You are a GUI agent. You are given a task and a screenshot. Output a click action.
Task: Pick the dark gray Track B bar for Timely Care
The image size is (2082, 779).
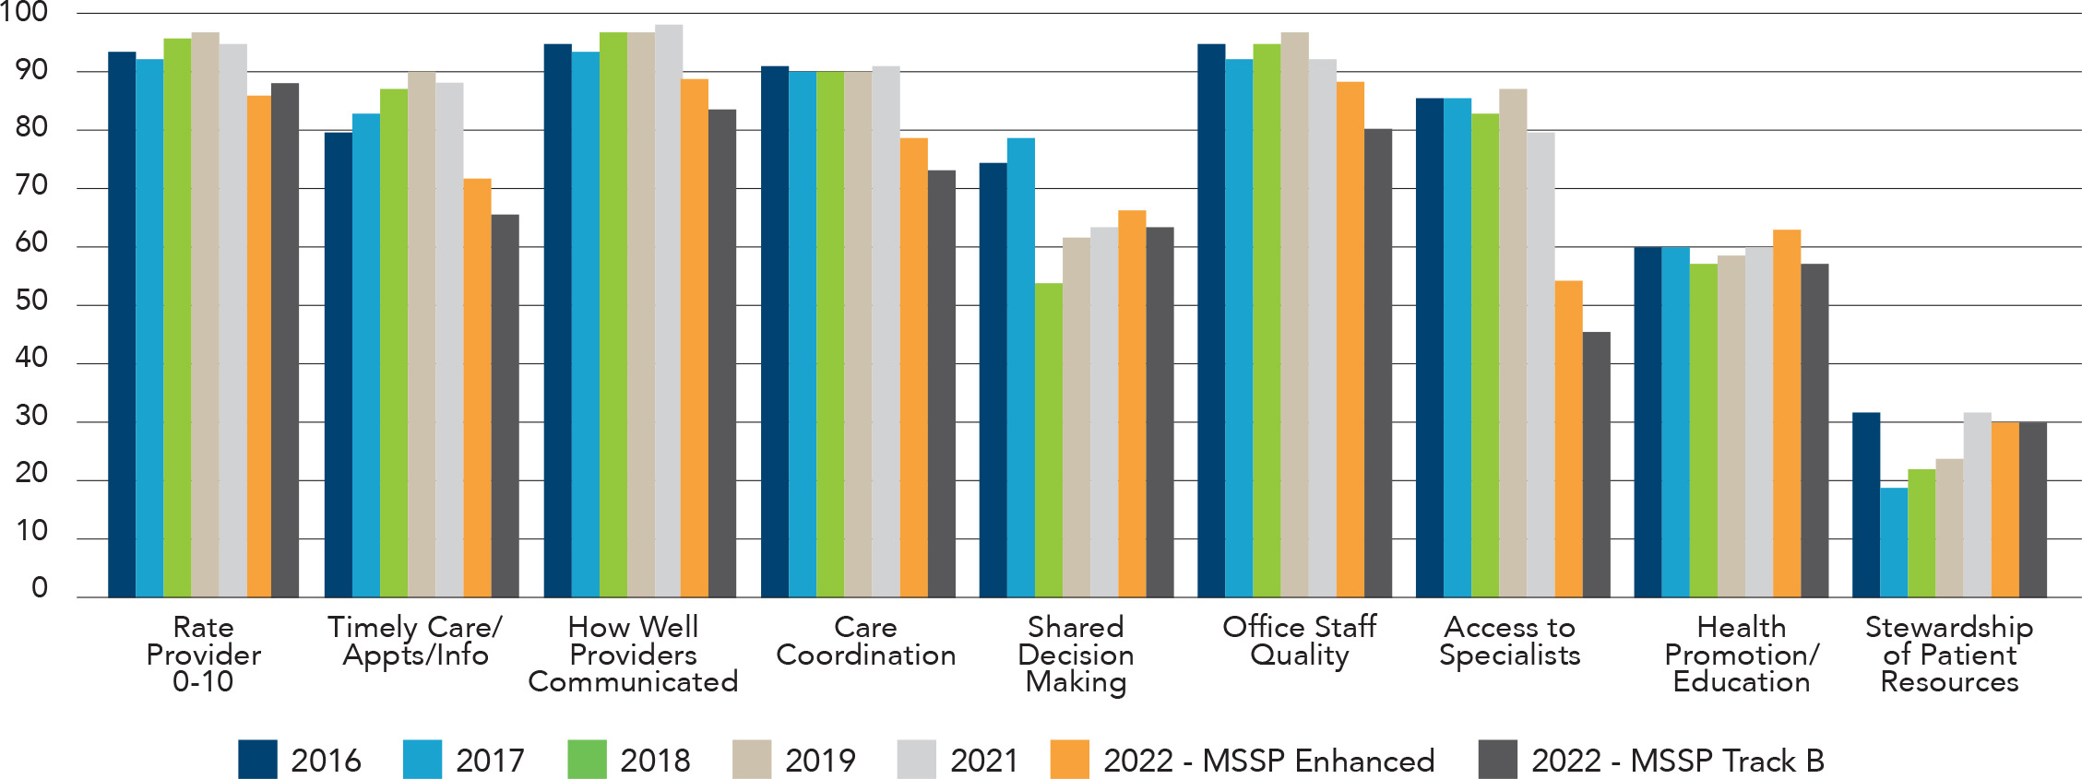click(505, 406)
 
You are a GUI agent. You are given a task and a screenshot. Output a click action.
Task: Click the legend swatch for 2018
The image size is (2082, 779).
click(587, 760)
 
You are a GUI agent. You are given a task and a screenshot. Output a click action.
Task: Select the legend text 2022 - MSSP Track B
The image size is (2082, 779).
click(1677, 761)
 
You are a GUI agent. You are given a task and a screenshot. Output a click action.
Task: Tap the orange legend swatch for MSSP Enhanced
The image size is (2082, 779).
click(1069, 760)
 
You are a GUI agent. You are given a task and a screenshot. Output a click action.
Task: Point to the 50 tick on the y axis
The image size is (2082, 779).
click(31, 301)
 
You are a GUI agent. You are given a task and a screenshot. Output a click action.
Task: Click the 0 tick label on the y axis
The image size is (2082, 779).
click(39, 588)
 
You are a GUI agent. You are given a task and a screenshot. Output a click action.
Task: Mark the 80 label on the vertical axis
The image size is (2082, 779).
click(31, 127)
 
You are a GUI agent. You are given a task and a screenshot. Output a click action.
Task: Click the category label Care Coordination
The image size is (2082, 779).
click(865, 641)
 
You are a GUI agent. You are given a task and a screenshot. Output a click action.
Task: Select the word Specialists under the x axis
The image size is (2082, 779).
click(1509, 655)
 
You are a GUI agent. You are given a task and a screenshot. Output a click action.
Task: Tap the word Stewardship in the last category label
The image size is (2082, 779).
click(1948, 627)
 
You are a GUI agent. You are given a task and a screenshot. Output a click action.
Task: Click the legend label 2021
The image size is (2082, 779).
click(983, 761)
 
